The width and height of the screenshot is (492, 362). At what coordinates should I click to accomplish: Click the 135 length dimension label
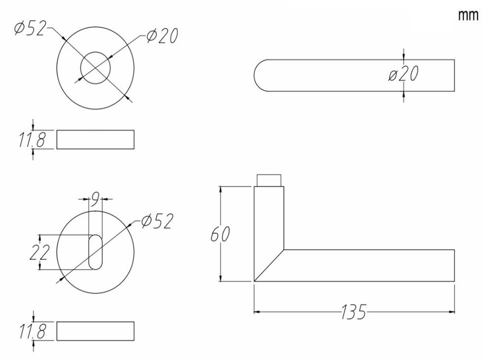353,312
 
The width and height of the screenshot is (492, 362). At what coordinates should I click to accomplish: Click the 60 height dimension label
220,234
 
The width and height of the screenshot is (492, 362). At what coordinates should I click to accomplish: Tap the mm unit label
468,15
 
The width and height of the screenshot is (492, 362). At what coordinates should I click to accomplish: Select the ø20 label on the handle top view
404,74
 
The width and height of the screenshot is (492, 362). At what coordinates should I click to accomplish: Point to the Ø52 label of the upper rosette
30,28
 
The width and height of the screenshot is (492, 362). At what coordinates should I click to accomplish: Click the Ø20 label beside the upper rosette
162,36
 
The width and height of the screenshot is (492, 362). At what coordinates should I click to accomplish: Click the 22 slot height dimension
39,253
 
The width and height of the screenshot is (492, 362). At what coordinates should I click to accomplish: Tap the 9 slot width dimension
95,199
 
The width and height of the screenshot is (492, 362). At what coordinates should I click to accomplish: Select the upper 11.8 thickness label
32,140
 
